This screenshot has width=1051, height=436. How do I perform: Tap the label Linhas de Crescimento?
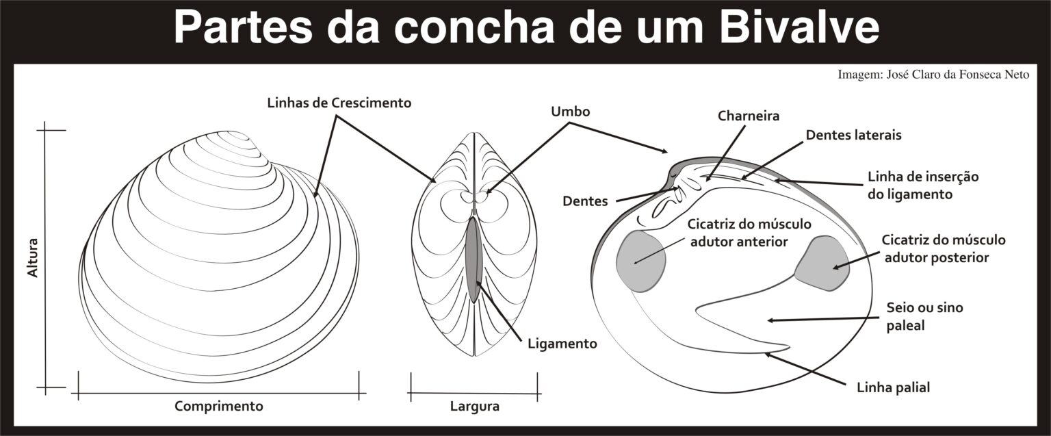pyautogui.click(x=339, y=103)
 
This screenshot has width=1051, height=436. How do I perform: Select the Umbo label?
pyautogui.click(x=570, y=111)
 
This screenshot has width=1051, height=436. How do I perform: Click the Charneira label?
pyautogui.click(x=749, y=116)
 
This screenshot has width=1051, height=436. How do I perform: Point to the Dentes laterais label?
pyautogui.click(x=853, y=135)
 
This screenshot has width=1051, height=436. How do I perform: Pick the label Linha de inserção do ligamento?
pyautogui.click(x=923, y=185)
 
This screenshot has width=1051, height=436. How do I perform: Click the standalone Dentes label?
pyautogui.click(x=585, y=201)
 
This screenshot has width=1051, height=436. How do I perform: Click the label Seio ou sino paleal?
pyautogui.click(x=924, y=316)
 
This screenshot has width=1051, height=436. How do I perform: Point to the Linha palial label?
pyautogui.click(x=893, y=388)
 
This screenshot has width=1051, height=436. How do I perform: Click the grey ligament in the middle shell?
pyautogui.click(x=473, y=259)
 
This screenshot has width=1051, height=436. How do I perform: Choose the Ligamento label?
pyautogui.click(x=562, y=343)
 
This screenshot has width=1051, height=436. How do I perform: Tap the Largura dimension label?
pyautogui.click(x=474, y=406)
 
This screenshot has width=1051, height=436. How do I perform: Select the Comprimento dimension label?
pyautogui.click(x=219, y=406)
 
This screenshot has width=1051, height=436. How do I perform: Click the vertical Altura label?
pyautogui.click(x=32, y=257)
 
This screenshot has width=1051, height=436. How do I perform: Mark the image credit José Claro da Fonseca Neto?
pyautogui.click(x=933, y=74)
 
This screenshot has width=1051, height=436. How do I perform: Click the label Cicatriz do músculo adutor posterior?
pyautogui.click(x=944, y=248)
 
